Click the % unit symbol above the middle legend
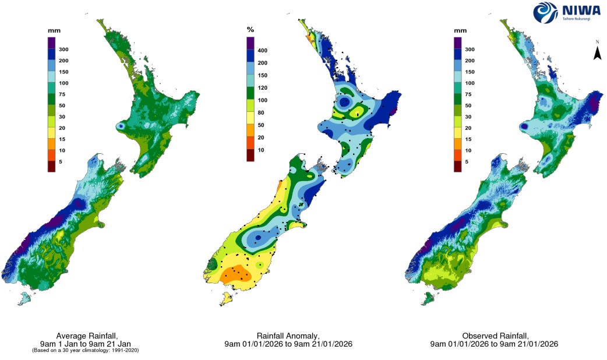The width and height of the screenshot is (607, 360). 251,29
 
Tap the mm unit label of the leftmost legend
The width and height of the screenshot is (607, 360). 54,29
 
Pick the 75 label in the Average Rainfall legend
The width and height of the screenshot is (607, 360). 62,94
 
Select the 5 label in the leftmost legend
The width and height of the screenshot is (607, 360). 61,162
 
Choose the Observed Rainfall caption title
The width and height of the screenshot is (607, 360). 494,336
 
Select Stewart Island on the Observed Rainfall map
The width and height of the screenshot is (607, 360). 429,298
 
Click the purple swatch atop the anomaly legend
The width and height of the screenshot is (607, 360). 251,43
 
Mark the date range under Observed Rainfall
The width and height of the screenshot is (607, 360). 494,344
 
